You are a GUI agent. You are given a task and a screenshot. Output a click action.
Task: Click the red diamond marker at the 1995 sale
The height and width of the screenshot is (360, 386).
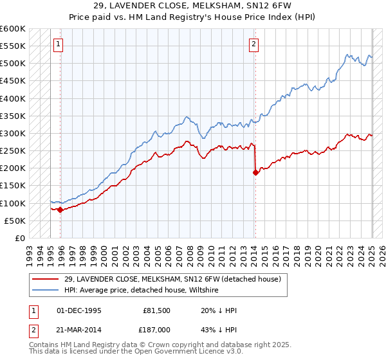[60, 210]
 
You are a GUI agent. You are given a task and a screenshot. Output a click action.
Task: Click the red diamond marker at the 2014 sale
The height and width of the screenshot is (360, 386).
[255, 172]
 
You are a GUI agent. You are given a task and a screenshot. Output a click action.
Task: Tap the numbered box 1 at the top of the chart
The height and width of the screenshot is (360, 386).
[58, 44]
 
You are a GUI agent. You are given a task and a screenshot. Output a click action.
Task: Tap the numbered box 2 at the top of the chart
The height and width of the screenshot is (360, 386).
[254, 44]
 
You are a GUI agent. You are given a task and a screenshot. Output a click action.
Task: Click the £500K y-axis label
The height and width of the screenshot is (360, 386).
[13, 64]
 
